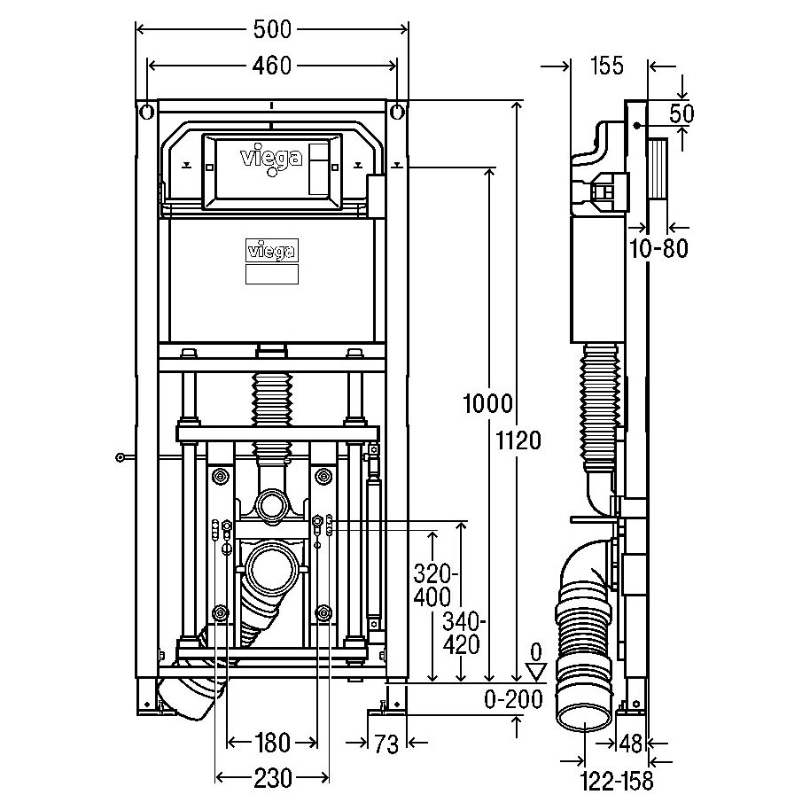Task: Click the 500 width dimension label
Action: coord(272,29)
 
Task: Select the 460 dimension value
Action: coord(272,66)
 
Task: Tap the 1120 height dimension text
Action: coord(518,440)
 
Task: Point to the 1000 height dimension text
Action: coord(487,403)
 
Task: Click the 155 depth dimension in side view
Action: coord(607,66)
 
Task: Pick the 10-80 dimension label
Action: coord(658,248)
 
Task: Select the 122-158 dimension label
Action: coord(617,781)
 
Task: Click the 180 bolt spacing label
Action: coord(272,743)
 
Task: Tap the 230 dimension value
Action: coord(273,778)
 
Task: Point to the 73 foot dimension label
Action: coord(387,744)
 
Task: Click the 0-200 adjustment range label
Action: coord(513,700)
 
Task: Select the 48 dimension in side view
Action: coord(630,744)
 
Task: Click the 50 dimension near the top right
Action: coord(681,113)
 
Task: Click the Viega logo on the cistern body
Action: coord(272,251)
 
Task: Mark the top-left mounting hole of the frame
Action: coord(146,112)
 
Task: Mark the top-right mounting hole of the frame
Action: coord(397,112)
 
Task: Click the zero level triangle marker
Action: coord(537,673)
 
